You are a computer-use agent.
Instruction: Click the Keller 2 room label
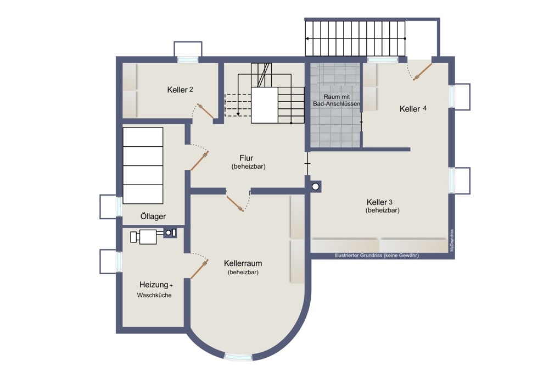180,90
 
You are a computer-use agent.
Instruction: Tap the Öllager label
153,216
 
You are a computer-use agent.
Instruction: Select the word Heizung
154,285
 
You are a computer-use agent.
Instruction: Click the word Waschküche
154,295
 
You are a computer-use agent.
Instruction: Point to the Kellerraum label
243,263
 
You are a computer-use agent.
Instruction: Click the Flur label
247,158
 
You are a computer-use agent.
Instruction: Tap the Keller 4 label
413,109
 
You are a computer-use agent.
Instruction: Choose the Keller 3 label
379,202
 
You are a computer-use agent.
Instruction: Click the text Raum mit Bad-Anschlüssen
337,100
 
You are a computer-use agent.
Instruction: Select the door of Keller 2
205,111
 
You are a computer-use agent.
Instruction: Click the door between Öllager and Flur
200,160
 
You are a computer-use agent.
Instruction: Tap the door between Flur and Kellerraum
235,203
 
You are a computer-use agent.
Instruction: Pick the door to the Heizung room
200,269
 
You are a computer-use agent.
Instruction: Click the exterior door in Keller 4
423,72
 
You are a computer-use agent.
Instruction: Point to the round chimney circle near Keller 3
316,187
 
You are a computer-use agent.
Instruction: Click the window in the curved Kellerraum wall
238,357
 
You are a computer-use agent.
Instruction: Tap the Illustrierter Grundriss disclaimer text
377,256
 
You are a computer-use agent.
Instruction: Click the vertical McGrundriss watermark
452,241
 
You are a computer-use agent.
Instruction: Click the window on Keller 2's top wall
188,59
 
